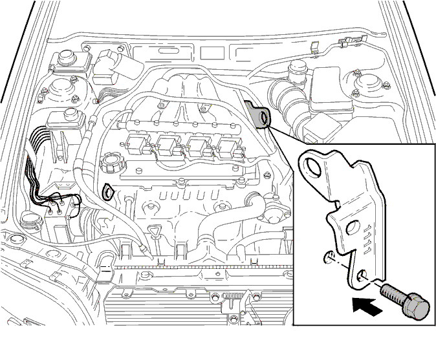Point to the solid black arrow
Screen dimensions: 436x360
367,306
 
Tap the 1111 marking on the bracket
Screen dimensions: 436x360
367,239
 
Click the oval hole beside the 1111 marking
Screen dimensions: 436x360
353,228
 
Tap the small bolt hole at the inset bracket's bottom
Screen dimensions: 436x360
362,275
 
